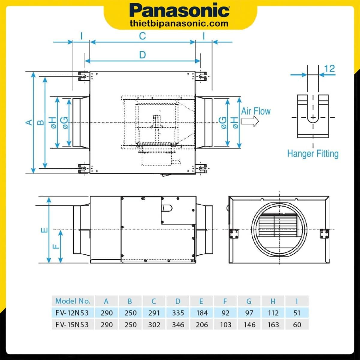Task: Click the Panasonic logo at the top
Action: coord(179,11)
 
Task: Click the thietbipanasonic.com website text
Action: coord(179,23)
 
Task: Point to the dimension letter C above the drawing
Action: coord(142,36)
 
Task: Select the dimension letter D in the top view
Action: coord(142,55)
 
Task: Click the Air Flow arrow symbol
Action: coord(250,121)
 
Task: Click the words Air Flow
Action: coord(256,111)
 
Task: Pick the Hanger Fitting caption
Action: coord(313,154)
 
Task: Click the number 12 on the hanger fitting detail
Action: coord(329,69)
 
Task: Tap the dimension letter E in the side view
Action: coord(44,230)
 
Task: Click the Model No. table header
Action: coord(73,301)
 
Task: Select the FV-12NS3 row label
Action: coord(72,313)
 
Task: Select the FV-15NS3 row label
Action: coord(72,325)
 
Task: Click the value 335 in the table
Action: coord(178,313)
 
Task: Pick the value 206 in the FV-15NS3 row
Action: coord(202,325)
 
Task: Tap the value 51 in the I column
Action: coord(297,313)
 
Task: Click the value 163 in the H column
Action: coord(273,325)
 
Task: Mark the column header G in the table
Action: coord(249,301)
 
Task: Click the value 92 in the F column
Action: coord(225,313)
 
